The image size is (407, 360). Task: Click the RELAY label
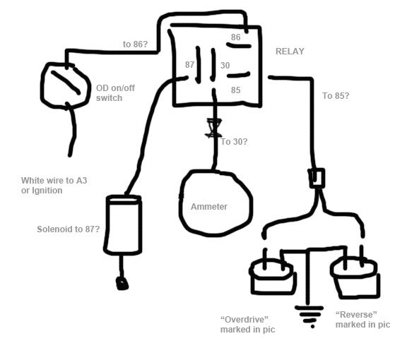[x=290, y=52]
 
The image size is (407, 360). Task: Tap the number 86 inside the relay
[x=236, y=37]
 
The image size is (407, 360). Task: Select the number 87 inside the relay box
[x=190, y=64]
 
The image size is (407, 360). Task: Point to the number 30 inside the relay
[x=225, y=66]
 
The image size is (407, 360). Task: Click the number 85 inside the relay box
[x=236, y=90]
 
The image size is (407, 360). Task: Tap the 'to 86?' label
[x=135, y=44]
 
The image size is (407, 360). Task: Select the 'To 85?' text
[x=336, y=96]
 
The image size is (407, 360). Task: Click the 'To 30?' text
[x=234, y=142]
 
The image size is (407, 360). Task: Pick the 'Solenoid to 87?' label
[x=69, y=229]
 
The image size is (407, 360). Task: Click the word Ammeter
[x=209, y=206]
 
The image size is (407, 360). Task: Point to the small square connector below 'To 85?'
[x=317, y=178]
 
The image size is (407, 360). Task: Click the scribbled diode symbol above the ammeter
[x=213, y=128]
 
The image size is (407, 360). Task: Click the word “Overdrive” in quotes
[x=244, y=319]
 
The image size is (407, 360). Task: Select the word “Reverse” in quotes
[x=356, y=315]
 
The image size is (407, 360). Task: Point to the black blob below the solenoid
[x=122, y=283]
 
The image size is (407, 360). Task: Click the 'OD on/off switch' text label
[x=115, y=93]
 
